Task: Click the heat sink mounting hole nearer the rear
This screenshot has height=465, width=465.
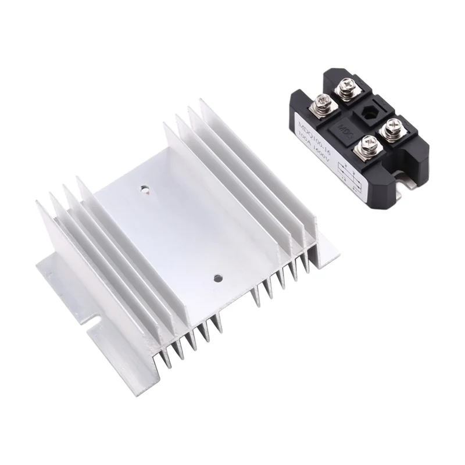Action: pyautogui.click(x=144, y=189)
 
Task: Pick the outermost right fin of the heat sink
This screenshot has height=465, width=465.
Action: pyautogui.click(x=256, y=151)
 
